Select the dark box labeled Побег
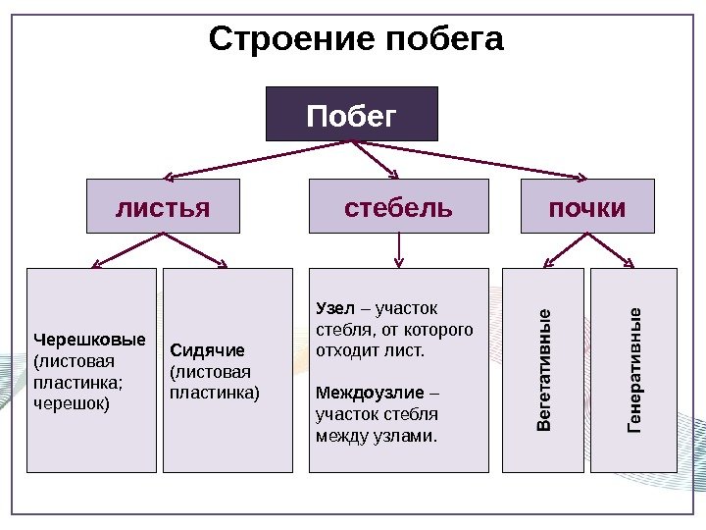(352, 115)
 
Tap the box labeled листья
(163, 207)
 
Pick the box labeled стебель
(398, 207)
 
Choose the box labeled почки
(586, 207)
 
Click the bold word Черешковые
(89, 340)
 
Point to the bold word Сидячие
(207, 350)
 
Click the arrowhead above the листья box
(168, 177)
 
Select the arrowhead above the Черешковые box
(96, 264)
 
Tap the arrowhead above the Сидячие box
(223, 264)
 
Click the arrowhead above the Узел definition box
(398, 263)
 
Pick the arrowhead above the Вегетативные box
(547, 263)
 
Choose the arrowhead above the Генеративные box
(630, 263)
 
